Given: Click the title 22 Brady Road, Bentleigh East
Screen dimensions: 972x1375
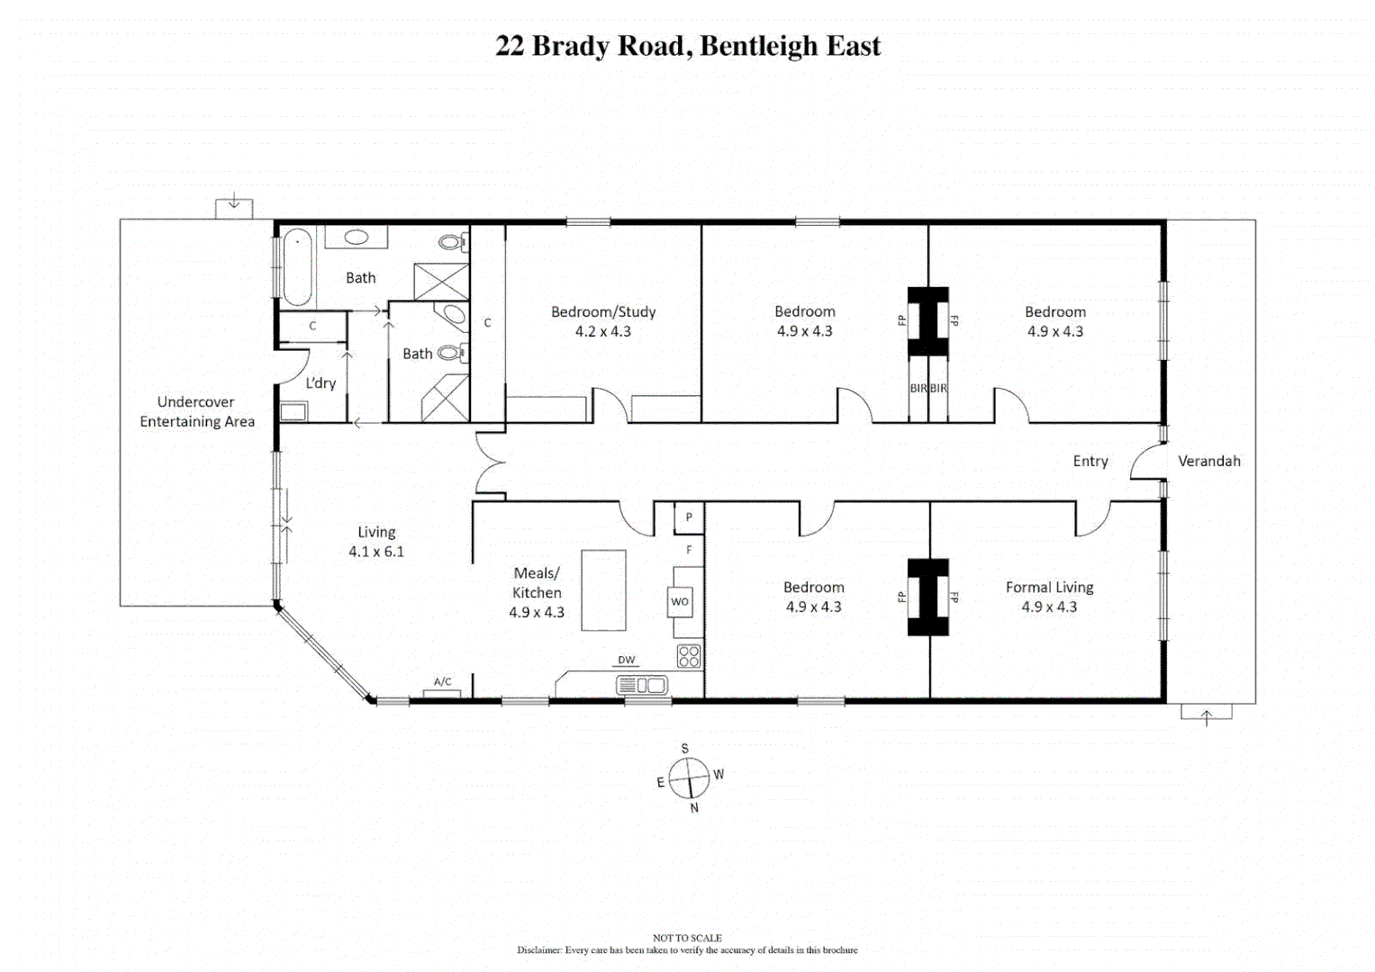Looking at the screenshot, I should click(687, 46).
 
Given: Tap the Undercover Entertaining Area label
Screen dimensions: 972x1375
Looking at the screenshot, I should click(196, 412).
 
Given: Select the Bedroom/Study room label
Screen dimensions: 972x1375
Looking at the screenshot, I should click(603, 312).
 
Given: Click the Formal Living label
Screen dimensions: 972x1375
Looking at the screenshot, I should click(1049, 588).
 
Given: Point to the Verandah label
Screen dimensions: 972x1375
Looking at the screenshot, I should click(1208, 461).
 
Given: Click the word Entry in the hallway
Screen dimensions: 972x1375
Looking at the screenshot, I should click(1090, 461).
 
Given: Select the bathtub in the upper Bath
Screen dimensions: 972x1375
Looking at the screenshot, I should click(296, 267).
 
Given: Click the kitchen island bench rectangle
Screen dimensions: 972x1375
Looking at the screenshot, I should click(602, 590).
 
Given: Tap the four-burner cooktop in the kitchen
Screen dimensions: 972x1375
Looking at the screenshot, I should click(689, 656).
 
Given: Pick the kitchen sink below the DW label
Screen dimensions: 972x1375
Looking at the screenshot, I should click(642, 686).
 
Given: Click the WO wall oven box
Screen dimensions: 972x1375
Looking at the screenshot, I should click(680, 602).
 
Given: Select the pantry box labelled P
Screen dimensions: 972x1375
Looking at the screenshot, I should click(689, 517).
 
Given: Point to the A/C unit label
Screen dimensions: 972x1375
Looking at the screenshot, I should click(442, 682).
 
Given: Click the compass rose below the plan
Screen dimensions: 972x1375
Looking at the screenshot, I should click(689, 778).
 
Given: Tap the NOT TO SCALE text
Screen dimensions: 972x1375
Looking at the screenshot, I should click(687, 938).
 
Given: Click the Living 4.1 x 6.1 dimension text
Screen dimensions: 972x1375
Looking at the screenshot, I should click(376, 552).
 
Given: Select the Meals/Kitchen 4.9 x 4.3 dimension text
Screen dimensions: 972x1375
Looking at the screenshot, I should click(537, 612).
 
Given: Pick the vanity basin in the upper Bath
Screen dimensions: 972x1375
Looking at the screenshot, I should click(357, 238).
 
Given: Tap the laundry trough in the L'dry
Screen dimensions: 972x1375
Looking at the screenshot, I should click(293, 412).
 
